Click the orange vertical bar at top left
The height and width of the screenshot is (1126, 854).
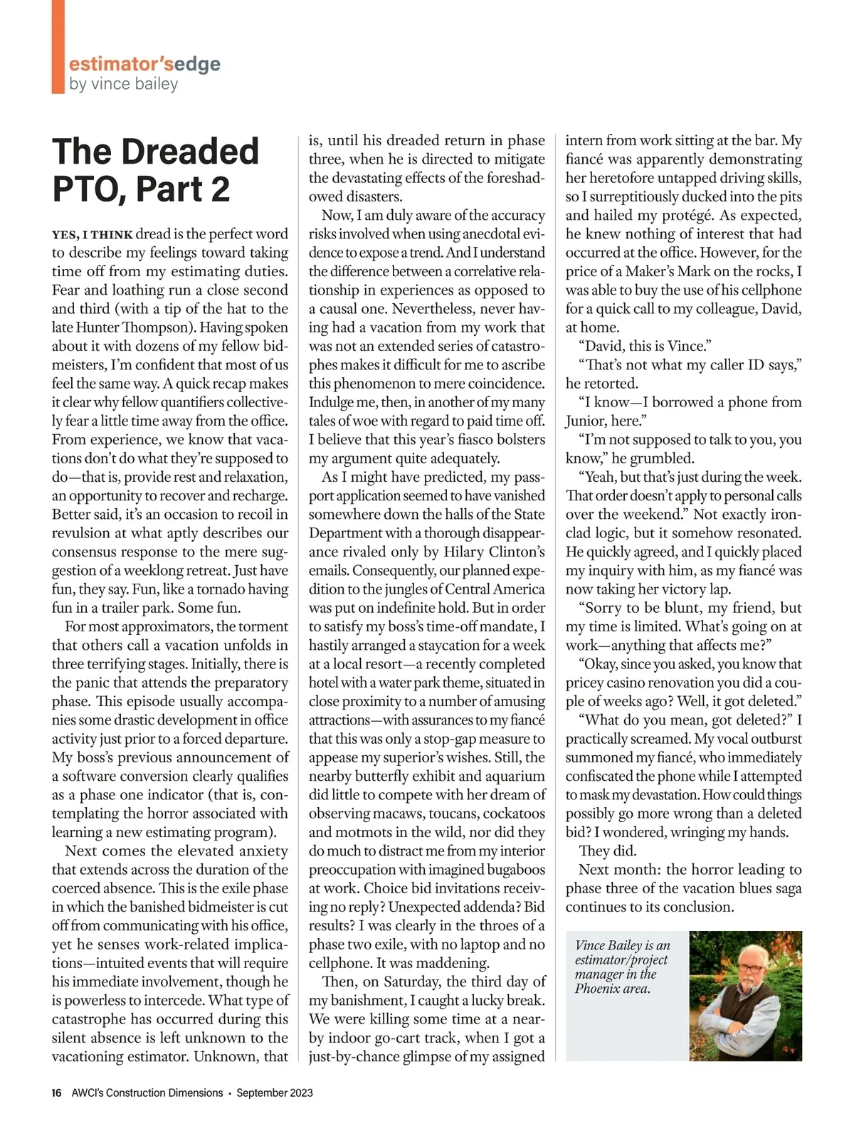(58, 47)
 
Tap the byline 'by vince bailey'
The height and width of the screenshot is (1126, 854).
(123, 84)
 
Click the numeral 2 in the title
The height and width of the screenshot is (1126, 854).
(218, 189)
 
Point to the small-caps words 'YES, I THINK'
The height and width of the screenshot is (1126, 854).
(92, 235)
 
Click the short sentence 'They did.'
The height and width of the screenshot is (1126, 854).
(608, 851)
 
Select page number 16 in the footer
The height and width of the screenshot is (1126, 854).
(57, 1093)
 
